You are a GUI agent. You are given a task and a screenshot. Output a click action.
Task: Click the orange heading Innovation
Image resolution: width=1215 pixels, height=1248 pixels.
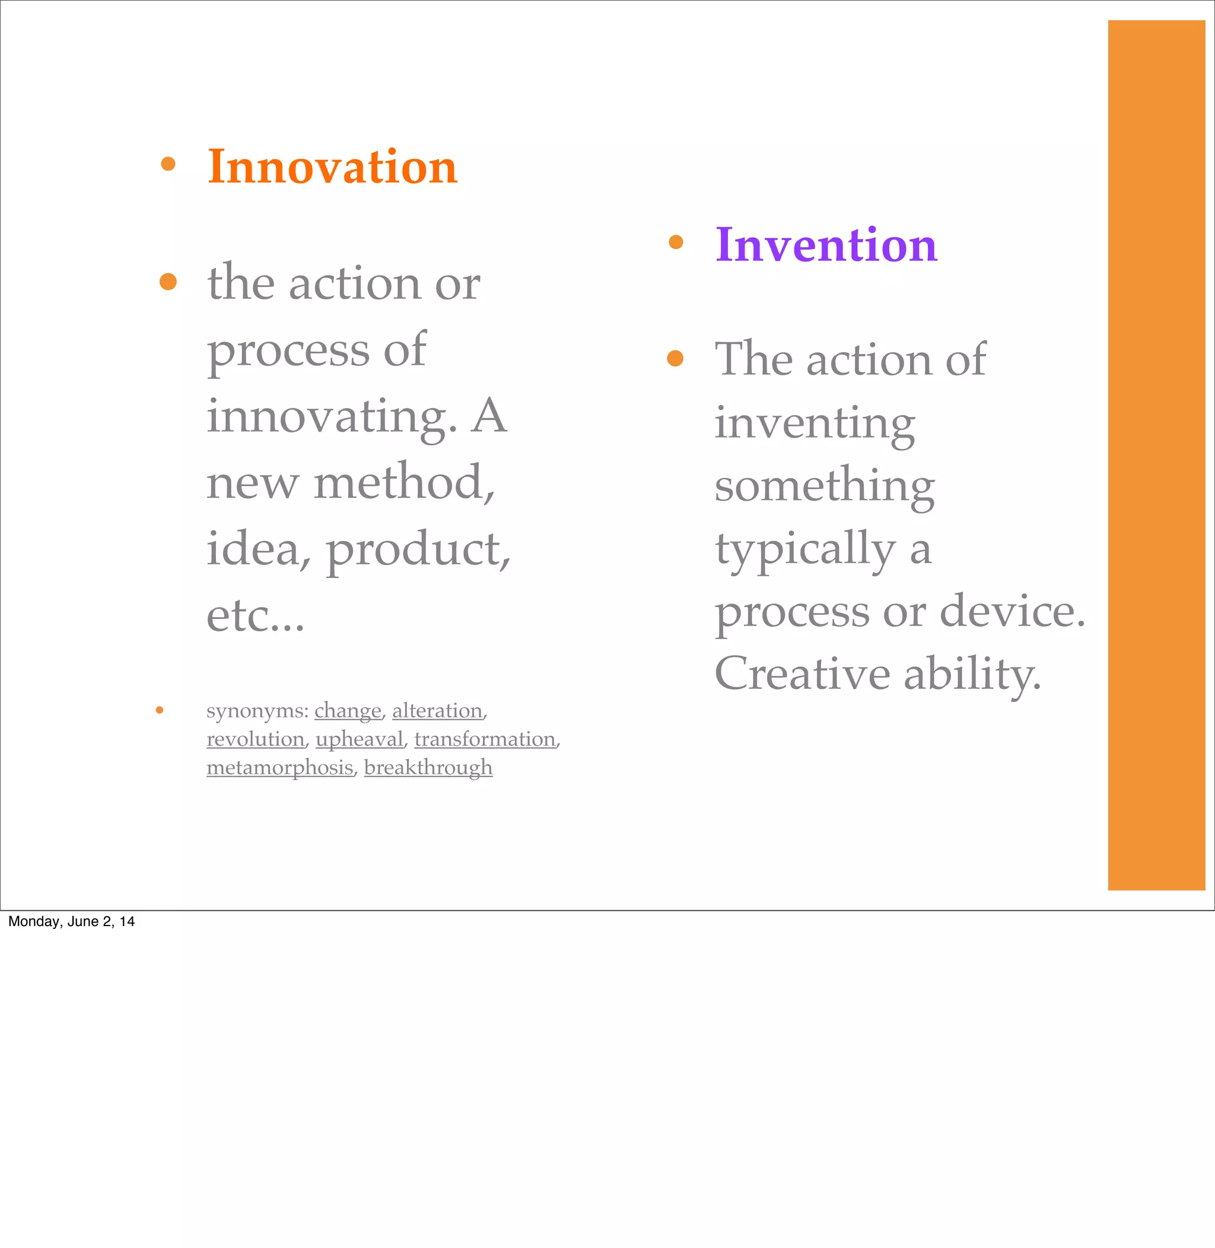click(332, 167)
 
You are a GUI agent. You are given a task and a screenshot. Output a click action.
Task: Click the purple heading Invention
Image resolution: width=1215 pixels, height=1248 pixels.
click(826, 245)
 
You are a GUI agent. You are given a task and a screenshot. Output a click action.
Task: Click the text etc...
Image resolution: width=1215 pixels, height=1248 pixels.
click(255, 616)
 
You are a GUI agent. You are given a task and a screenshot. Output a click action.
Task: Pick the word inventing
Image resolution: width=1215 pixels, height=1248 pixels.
click(815, 423)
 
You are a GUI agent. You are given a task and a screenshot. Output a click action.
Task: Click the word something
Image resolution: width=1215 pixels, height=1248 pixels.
click(825, 486)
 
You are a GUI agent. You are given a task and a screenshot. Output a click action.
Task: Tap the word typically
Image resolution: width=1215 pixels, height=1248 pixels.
click(804, 548)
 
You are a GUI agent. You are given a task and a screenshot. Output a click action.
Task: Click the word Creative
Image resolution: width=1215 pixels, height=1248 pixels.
click(802, 674)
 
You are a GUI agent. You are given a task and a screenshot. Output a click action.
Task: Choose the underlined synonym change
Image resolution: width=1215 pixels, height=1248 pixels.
click(348, 710)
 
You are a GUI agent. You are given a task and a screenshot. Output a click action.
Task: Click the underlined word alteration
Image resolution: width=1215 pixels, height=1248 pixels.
click(437, 710)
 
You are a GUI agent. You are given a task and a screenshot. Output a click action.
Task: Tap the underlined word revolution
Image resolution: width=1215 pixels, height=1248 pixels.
click(255, 739)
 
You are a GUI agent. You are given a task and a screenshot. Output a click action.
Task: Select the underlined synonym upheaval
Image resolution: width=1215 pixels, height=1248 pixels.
click(360, 739)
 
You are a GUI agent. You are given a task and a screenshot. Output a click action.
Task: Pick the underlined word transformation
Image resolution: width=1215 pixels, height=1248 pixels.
click(485, 739)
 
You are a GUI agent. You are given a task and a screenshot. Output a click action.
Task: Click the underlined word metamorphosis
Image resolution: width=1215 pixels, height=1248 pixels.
click(279, 767)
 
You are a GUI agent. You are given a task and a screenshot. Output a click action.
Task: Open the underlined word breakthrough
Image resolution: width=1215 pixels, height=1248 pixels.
click(428, 767)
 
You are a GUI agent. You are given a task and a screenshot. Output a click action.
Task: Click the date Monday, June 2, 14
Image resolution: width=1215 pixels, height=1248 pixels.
click(71, 921)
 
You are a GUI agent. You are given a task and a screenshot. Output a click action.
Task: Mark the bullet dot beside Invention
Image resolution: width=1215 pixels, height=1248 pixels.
click(676, 242)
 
